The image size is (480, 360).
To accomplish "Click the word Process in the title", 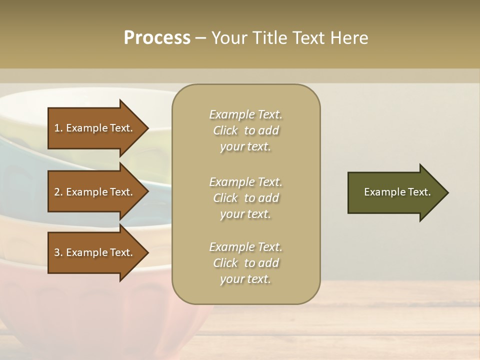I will (x=157, y=38).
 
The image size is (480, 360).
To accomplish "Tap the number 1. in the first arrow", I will (x=58, y=128).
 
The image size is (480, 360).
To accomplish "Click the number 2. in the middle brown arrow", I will (x=58, y=192).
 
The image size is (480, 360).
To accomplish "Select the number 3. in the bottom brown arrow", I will (x=58, y=252).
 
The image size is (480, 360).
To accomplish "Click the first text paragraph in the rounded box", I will (x=245, y=130).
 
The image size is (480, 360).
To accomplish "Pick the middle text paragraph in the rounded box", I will (x=245, y=198).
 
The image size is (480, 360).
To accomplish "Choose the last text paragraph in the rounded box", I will (x=245, y=263).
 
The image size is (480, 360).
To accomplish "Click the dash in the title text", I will (x=201, y=38).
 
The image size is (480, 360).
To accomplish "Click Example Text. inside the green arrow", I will (x=397, y=192).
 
